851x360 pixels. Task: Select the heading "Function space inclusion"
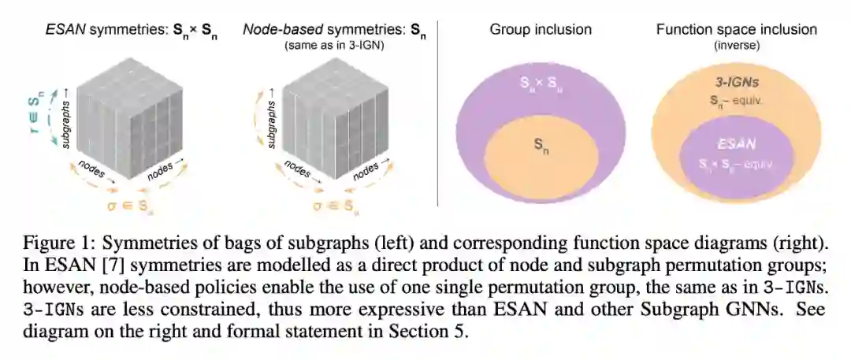click(736, 31)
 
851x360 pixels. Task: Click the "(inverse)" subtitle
click(736, 46)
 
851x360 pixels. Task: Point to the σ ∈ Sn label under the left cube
click(131, 208)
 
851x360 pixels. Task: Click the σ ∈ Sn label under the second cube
click(329, 208)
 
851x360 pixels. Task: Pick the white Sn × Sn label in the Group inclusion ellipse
click(540, 81)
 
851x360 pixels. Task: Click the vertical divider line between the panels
click(438, 110)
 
